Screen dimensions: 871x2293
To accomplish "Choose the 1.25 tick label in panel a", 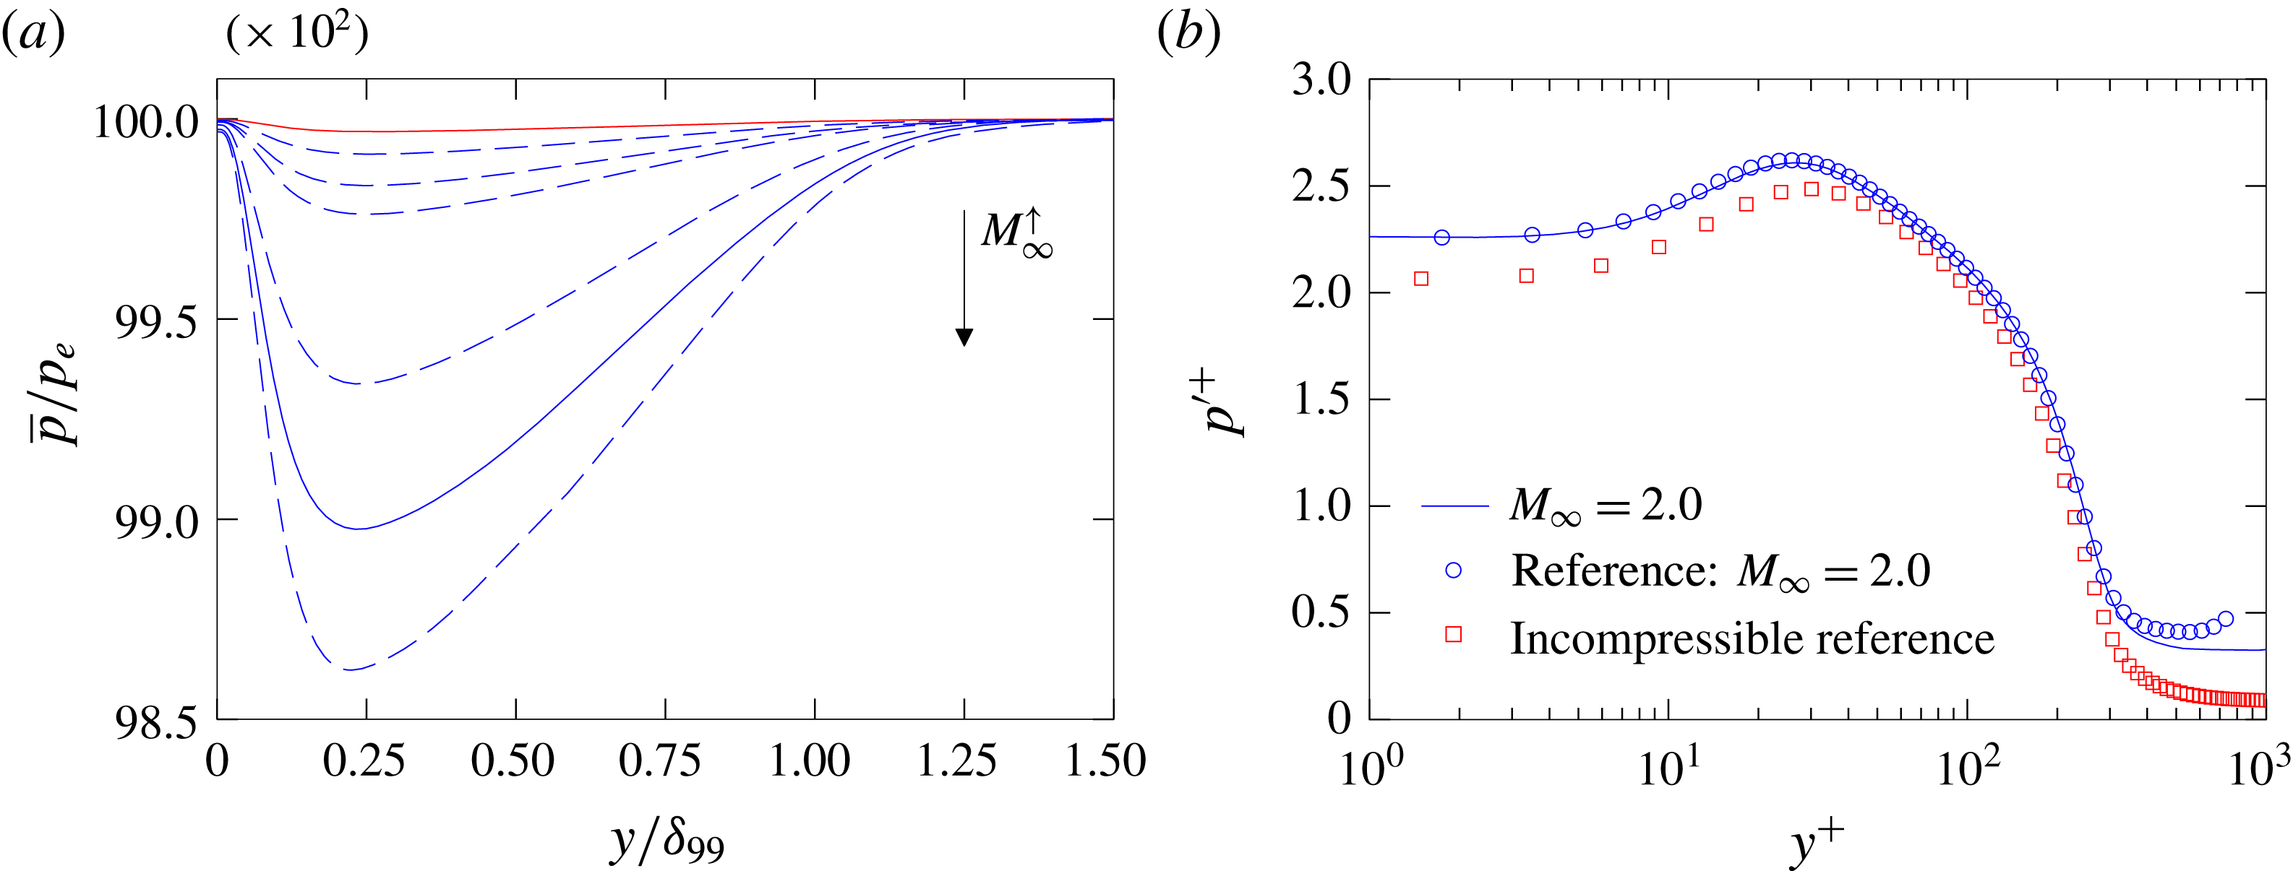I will tap(958, 761).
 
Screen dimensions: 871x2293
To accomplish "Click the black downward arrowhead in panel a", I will tap(964, 337).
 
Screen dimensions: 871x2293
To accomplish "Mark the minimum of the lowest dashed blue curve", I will tap(350, 669).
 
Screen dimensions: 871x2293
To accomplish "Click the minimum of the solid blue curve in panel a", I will tap(357, 529).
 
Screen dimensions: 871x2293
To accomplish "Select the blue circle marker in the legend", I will tap(1454, 571).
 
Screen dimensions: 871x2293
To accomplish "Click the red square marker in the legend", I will tap(1454, 634).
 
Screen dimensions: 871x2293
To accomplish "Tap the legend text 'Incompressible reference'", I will tap(1752, 638).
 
